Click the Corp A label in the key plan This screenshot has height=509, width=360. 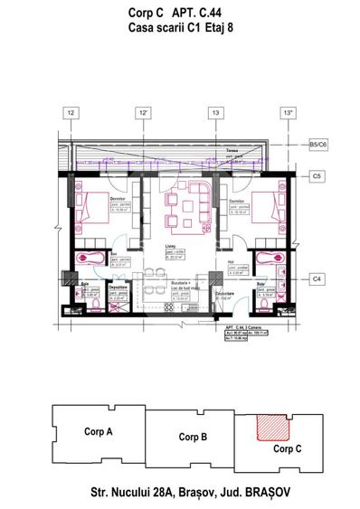[97, 432]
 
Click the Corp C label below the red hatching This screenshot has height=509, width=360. [287, 448]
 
